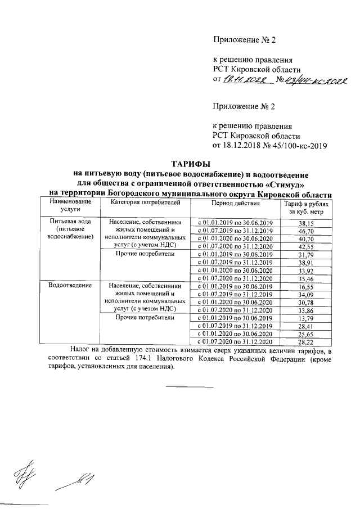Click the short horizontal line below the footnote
pos(190,386)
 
